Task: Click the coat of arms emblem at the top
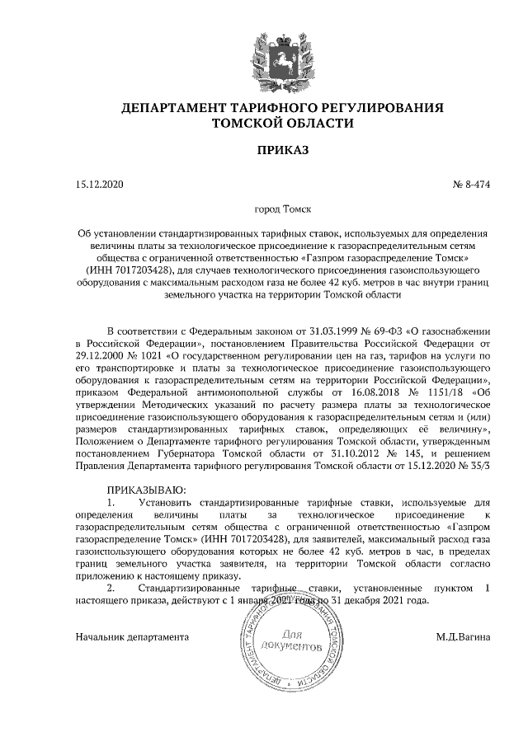(x=283, y=51)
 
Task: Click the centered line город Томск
(x=282, y=210)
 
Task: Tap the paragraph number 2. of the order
(x=112, y=589)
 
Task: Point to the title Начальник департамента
(x=132, y=637)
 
